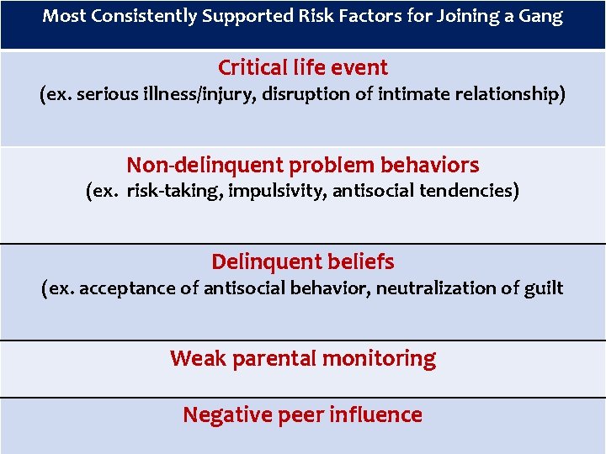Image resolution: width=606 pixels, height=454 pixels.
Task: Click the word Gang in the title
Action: pos(540,16)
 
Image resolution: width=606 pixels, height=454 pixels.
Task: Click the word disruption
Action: pos(301,94)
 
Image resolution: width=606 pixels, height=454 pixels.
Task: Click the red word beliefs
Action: pos(362,261)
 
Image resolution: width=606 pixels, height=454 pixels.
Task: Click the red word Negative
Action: pos(220,414)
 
